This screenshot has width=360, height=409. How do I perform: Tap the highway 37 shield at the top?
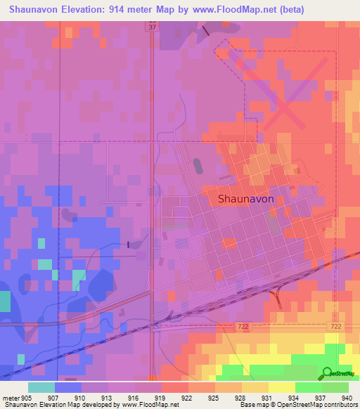(153, 27)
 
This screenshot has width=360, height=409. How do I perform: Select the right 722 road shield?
(336, 327)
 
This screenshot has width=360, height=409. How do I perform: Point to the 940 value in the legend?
(346, 397)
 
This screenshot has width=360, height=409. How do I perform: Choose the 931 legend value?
(268, 397)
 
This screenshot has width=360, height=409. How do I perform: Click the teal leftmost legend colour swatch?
(41, 387)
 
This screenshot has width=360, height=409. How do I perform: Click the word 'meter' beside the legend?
(11, 397)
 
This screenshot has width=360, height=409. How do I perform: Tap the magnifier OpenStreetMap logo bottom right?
(327, 373)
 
